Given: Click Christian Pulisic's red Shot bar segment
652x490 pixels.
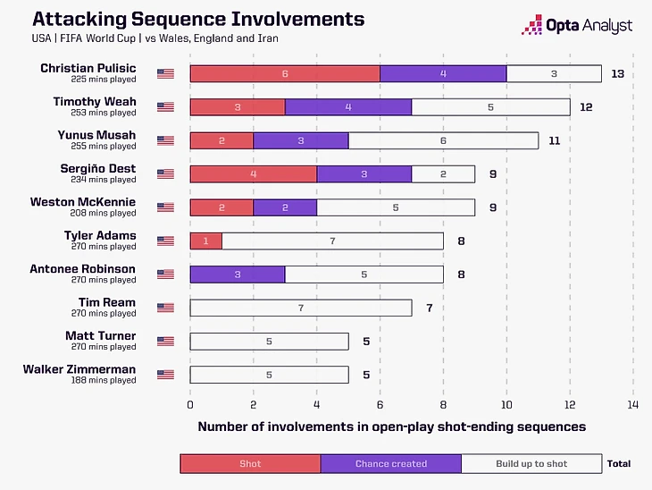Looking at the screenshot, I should pyautogui.click(x=285, y=73).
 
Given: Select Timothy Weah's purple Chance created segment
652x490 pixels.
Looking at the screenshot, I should pyautogui.click(x=348, y=106).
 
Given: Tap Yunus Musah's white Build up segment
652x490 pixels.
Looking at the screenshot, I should pyautogui.click(x=443, y=140).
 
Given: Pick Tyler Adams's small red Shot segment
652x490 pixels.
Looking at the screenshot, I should pyautogui.click(x=205, y=241).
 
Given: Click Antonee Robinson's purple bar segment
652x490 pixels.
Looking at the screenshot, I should pyautogui.click(x=238, y=275).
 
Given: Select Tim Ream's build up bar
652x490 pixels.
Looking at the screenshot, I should pyautogui.click(x=301, y=308).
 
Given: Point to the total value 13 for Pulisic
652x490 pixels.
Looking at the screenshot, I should pyautogui.click(x=617, y=73).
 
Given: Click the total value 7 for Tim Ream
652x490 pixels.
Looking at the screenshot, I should pyautogui.click(x=429, y=308).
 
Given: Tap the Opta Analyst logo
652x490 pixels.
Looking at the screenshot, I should pyautogui.click(x=579, y=25).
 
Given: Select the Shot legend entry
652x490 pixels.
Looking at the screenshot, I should pyautogui.click(x=250, y=463).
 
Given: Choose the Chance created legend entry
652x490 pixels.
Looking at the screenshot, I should pyautogui.click(x=391, y=463).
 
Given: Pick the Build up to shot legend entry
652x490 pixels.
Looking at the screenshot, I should pyautogui.click(x=532, y=463).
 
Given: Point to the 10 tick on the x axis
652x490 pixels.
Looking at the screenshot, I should pyautogui.click(x=506, y=403).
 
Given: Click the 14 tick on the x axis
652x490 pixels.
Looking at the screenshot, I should pyautogui.click(x=633, y=403).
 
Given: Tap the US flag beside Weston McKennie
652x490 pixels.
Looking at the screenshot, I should pyautogui.click(x=165, y=207).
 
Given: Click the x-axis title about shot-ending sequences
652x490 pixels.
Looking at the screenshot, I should pyautogui.click(x=391, y=427).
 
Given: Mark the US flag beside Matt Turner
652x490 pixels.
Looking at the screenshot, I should pyautogui.click(x=165, y=341).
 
